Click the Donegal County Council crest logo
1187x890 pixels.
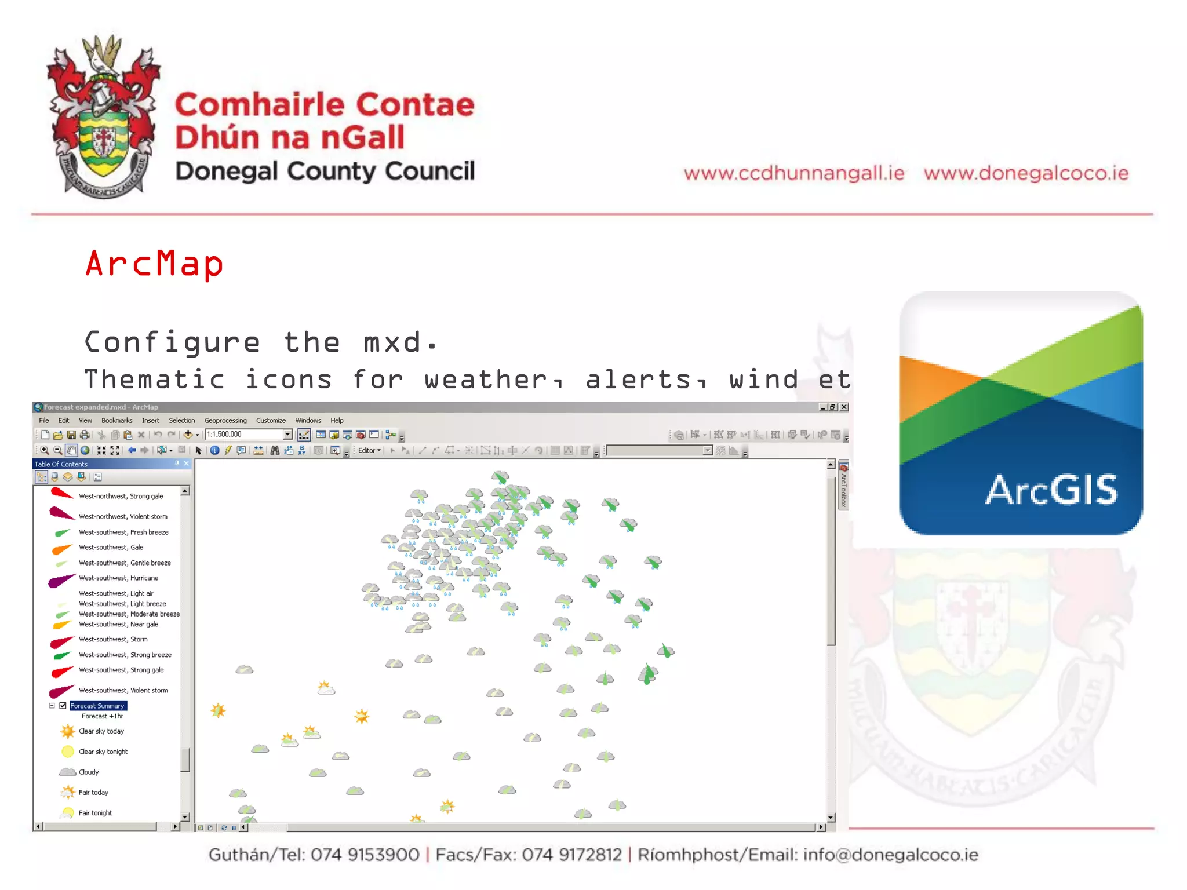pos(103,116)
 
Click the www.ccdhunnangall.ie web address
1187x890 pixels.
pos(793,173)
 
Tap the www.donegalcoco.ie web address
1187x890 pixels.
pos(1026,173)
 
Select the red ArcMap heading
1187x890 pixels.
pos(154,264)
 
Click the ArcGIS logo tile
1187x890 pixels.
pos(1020,413)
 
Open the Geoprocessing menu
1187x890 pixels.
pos(225,421)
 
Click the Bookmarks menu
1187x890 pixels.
pos(116,421)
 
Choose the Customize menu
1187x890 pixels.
pos(271,421)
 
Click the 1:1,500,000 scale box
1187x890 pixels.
pos(243,435)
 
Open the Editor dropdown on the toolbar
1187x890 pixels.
pos(369,451)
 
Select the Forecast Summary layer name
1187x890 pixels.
pos(97,706)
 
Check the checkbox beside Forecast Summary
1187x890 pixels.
pos(63,706)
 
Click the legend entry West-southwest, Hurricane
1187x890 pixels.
pos(118,578)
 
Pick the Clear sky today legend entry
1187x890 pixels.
pos(101,731)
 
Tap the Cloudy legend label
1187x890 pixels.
pos(89,772)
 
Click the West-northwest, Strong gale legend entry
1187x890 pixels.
pos(121,497)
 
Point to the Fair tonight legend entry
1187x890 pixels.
pos(95,813)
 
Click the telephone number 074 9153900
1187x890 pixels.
pos(365,855)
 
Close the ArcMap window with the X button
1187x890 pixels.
pos(844,407)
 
